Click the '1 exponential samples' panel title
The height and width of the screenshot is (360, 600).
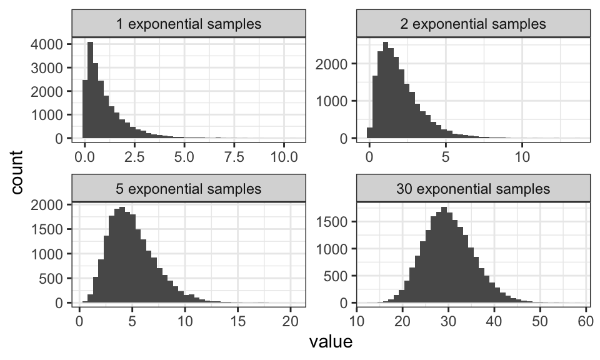[189, 24]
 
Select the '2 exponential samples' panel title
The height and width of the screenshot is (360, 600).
[472, 24]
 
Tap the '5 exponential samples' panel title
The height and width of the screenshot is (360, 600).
[189, 188]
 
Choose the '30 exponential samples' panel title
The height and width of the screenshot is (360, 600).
[472, 188]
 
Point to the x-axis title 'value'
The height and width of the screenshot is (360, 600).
[331, 342]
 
